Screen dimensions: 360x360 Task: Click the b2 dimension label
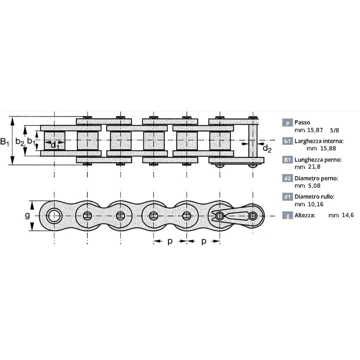point(20,142)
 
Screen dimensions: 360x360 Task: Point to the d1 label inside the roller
point(55,145)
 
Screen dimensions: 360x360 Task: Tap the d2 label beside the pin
point(267,148)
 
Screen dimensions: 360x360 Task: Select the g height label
point(27,216)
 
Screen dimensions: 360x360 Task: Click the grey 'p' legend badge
point(287,123)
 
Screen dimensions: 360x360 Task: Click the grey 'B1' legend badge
point(287,160)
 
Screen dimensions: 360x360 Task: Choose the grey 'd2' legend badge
point(287,178)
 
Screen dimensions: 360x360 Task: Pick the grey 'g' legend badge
point(287,215)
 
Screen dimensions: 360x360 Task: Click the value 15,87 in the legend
point(315,130)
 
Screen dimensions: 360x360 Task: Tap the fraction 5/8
point(334,130)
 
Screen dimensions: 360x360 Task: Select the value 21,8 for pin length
point(314,167)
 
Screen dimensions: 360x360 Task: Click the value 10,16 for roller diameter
point(316,204)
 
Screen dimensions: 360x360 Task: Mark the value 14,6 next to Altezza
point(348,215)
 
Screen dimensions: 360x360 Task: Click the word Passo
point(302,122)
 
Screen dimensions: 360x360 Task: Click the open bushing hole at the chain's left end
point(54,216)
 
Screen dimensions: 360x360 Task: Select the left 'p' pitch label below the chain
point(170,241)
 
